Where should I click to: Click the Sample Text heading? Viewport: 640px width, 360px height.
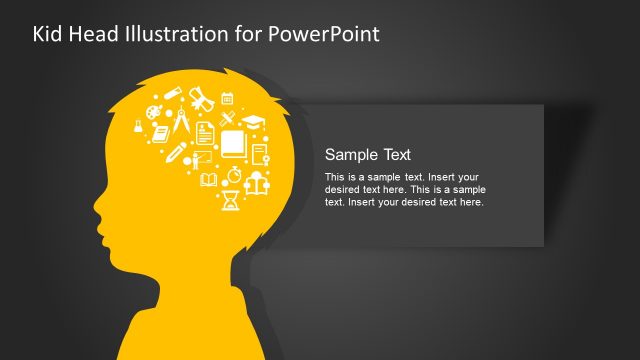click(368, 154)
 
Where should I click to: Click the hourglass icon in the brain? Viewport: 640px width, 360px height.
click(231, 200)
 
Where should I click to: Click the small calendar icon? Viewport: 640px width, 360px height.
click(227, 98)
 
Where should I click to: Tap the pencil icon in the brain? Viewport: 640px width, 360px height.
click(175, 151)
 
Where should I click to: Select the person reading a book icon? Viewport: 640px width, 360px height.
click(255, 184)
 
